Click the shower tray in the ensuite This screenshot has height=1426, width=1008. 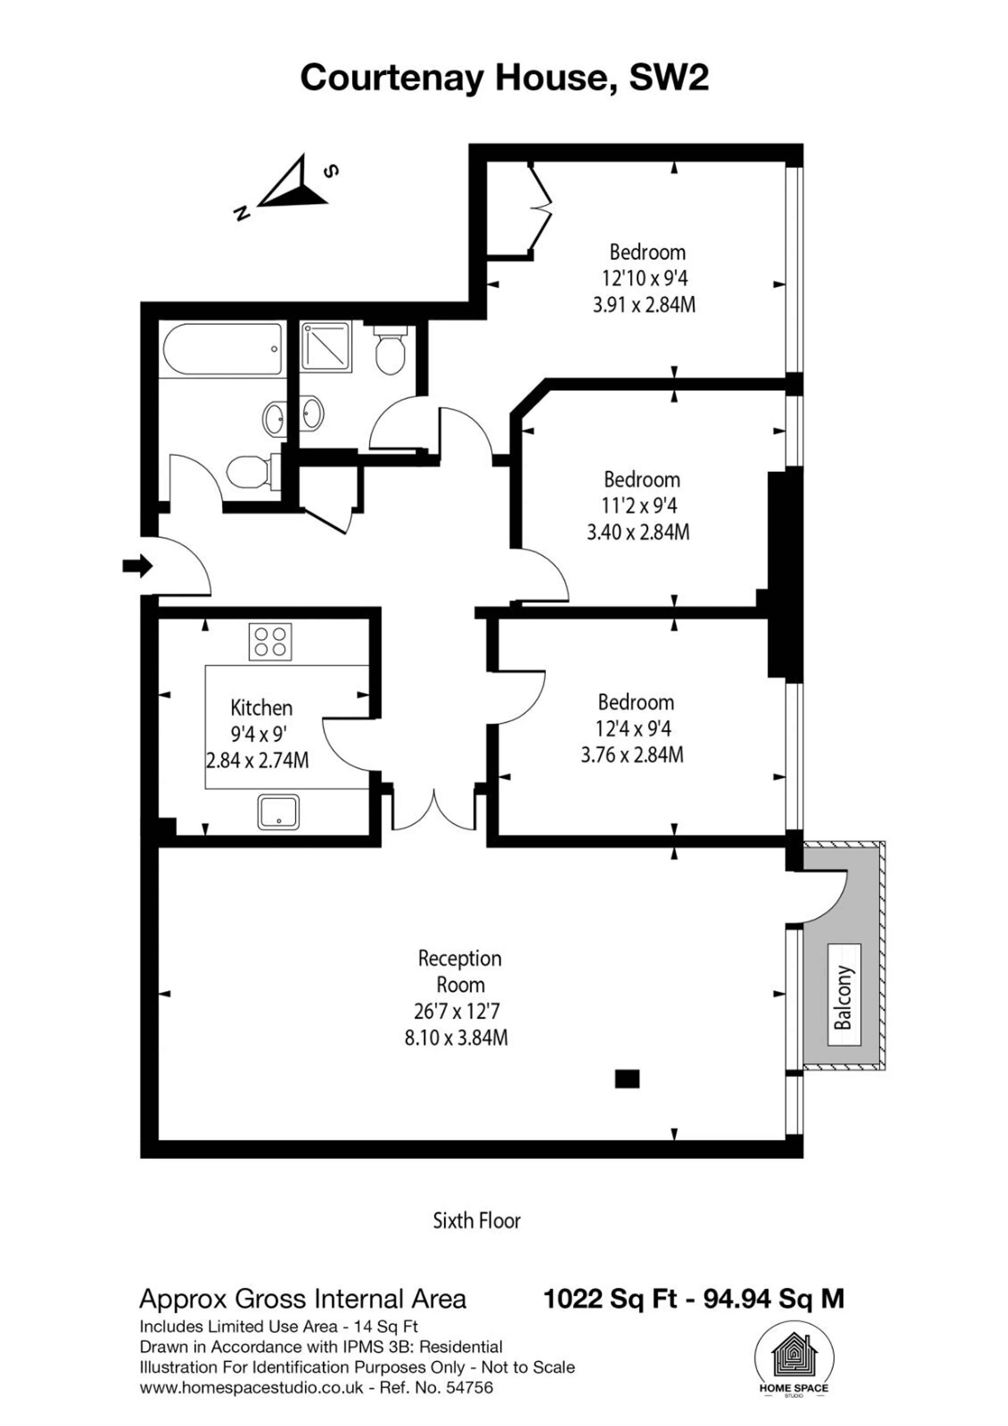[326, 346]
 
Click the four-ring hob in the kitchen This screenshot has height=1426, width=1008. [270, 642]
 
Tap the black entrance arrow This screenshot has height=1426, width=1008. [137, 566]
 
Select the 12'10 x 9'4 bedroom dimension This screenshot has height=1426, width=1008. [645, 278]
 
